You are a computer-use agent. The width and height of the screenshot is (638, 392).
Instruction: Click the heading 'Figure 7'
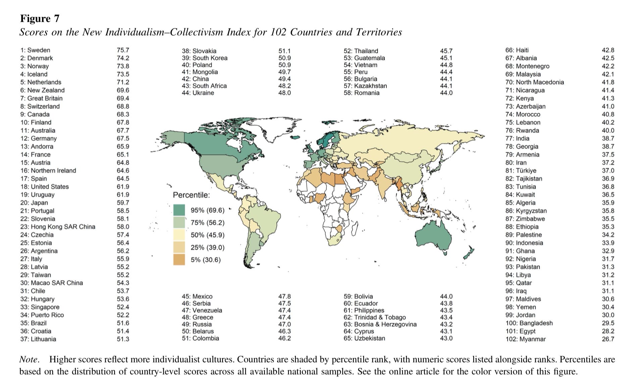40,18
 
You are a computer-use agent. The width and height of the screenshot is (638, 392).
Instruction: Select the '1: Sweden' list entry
35,50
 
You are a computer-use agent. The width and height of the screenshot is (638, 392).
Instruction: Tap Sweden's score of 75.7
123,50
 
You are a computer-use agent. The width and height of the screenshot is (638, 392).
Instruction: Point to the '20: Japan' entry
34,203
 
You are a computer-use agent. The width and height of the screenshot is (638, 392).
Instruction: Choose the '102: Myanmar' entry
526,339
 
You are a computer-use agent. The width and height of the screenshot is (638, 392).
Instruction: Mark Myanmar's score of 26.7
608,339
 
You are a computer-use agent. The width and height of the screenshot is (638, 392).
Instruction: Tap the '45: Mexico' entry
197,296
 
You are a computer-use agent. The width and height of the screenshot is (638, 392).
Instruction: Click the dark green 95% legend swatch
179,210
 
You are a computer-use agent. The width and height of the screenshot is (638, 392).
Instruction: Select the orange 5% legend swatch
179,260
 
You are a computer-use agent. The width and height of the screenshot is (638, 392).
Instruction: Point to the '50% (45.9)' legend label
208,235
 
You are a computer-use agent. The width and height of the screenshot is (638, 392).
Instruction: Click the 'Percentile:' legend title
191,195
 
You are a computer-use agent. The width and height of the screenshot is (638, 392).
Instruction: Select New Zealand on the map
469,254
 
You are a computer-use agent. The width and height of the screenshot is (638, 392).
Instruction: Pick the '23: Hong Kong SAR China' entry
58,227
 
